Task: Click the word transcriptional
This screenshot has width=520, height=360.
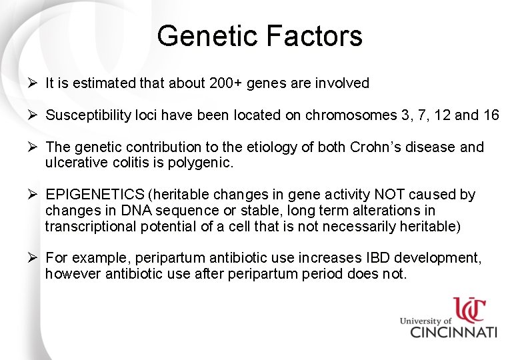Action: pyautogui.click(x=91, y=226)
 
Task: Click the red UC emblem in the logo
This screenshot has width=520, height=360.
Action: pyautogui.click(x=469, y=311)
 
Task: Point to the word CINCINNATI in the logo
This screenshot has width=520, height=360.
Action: pyautogui.click(x=453, y=332)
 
